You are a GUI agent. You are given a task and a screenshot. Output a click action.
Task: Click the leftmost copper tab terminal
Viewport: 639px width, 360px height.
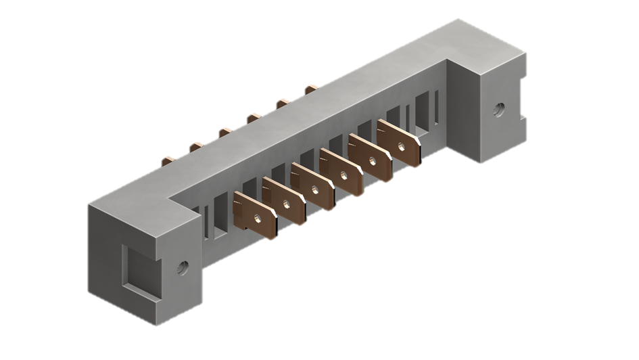coord(254,215)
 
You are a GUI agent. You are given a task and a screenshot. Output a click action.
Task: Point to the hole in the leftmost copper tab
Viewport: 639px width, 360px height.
coord(258,219)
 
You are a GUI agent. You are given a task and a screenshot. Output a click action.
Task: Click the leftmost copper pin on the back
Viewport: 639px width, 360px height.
coord(166,161)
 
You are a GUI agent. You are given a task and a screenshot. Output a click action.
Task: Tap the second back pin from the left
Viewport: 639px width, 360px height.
coord(196,145)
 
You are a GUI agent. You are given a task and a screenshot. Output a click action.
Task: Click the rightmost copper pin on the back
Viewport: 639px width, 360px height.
coord(311,88)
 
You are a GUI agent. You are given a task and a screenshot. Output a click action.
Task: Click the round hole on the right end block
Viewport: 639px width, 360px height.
coord(499,108)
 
